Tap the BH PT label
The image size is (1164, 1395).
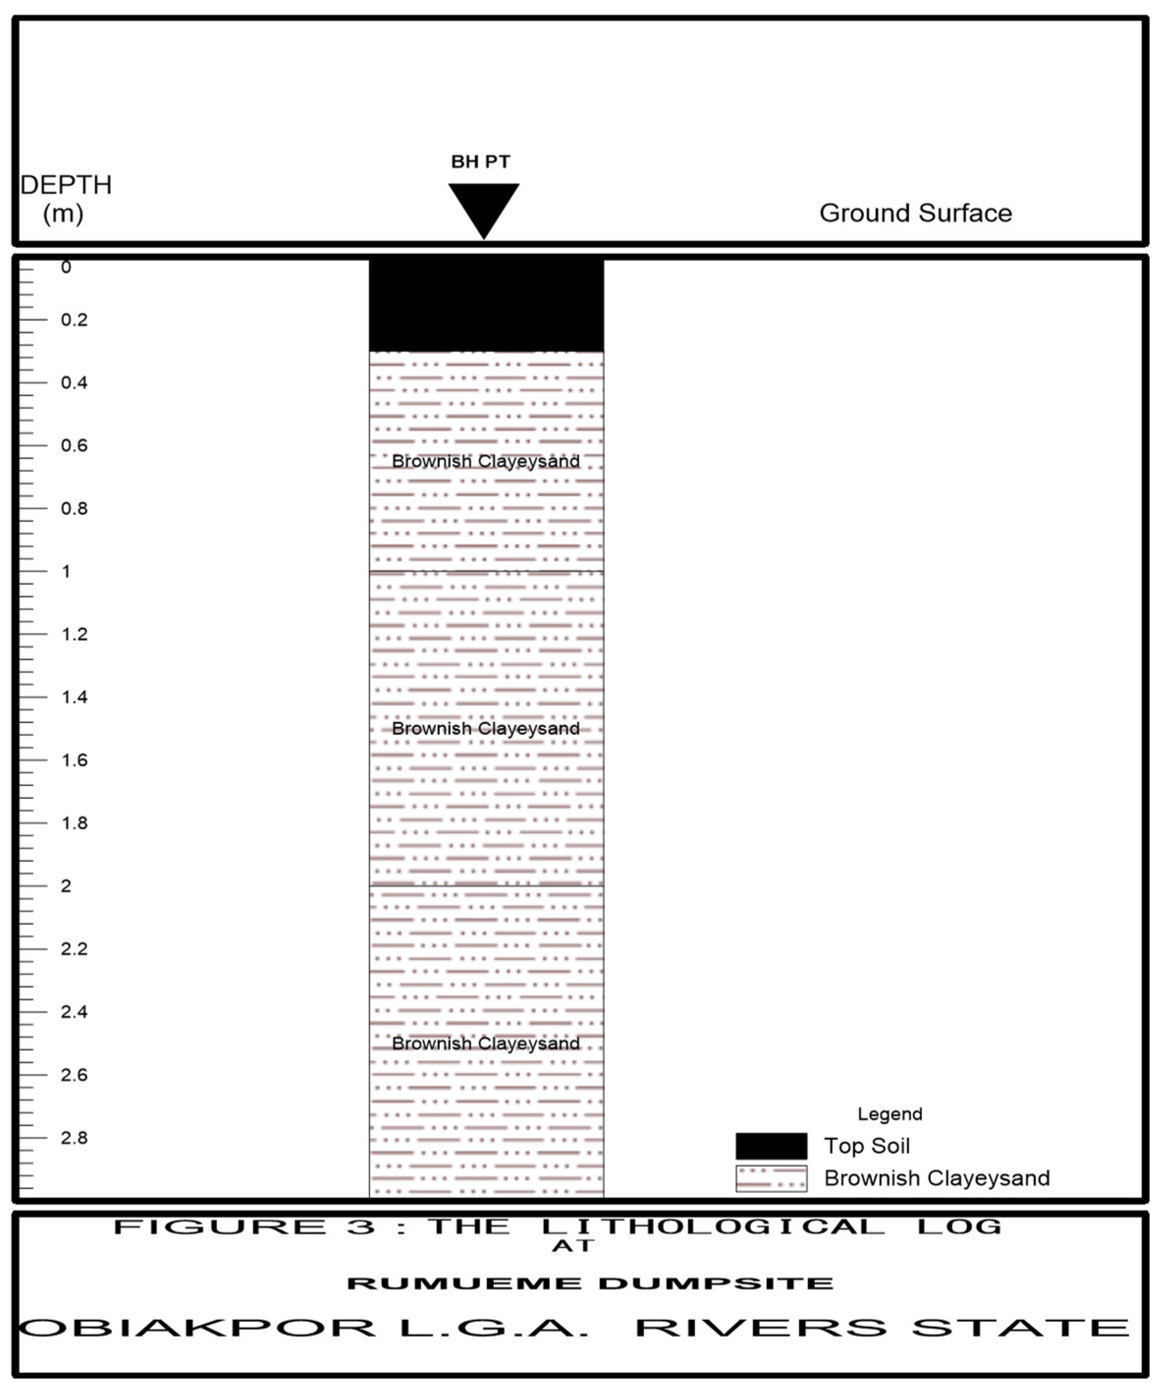pos(480,162)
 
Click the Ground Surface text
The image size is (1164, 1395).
pos(915,213)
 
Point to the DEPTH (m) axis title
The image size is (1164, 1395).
pos(65,198)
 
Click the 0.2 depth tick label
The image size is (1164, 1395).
pos(74,320)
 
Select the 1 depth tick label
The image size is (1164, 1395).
pos(66,571)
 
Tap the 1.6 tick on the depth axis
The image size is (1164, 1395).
pos(74,760)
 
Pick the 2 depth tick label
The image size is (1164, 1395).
pos(66,886)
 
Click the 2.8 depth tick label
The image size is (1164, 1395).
pos(74,1137)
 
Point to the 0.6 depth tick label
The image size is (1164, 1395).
pos(74,446)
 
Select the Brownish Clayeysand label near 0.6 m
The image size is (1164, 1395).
pos(486,461)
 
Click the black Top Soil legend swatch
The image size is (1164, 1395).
pos(771,1146)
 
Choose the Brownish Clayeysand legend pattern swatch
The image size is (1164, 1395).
pos(771,1178)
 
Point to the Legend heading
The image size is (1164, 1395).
pos(889,1114)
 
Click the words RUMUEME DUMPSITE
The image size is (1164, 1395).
pos(590,1283)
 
